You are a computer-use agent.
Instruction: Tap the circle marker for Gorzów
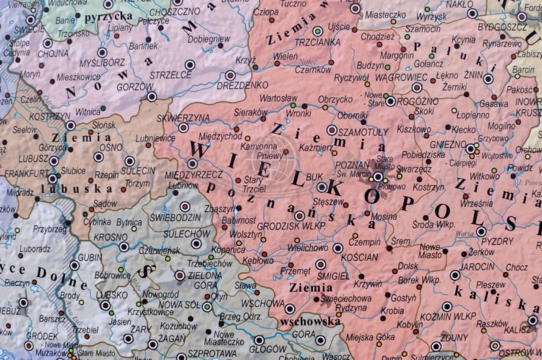151,95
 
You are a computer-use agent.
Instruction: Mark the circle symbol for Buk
322,187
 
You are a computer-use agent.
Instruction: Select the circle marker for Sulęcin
129,160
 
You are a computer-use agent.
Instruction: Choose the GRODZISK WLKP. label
289,224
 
